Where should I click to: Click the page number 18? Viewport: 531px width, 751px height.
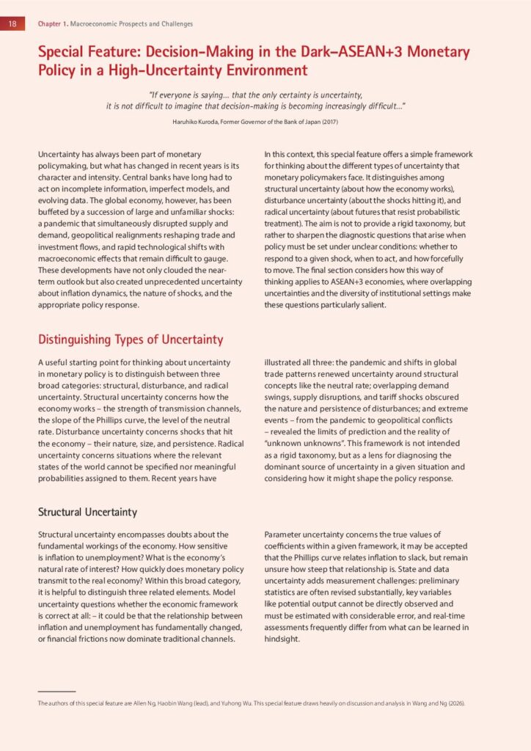(12, 23)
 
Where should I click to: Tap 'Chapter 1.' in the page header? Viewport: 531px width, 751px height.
(51, 23)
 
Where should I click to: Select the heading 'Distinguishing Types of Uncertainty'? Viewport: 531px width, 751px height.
(131, 340)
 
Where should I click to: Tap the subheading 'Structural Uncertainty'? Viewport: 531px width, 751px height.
(87, 511)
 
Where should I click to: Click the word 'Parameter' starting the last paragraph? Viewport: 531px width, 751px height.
(285, 534)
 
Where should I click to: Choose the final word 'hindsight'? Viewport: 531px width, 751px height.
(284, 639)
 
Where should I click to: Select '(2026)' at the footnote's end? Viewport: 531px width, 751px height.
(455, 703)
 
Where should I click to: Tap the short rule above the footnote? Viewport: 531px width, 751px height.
(56, 691)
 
